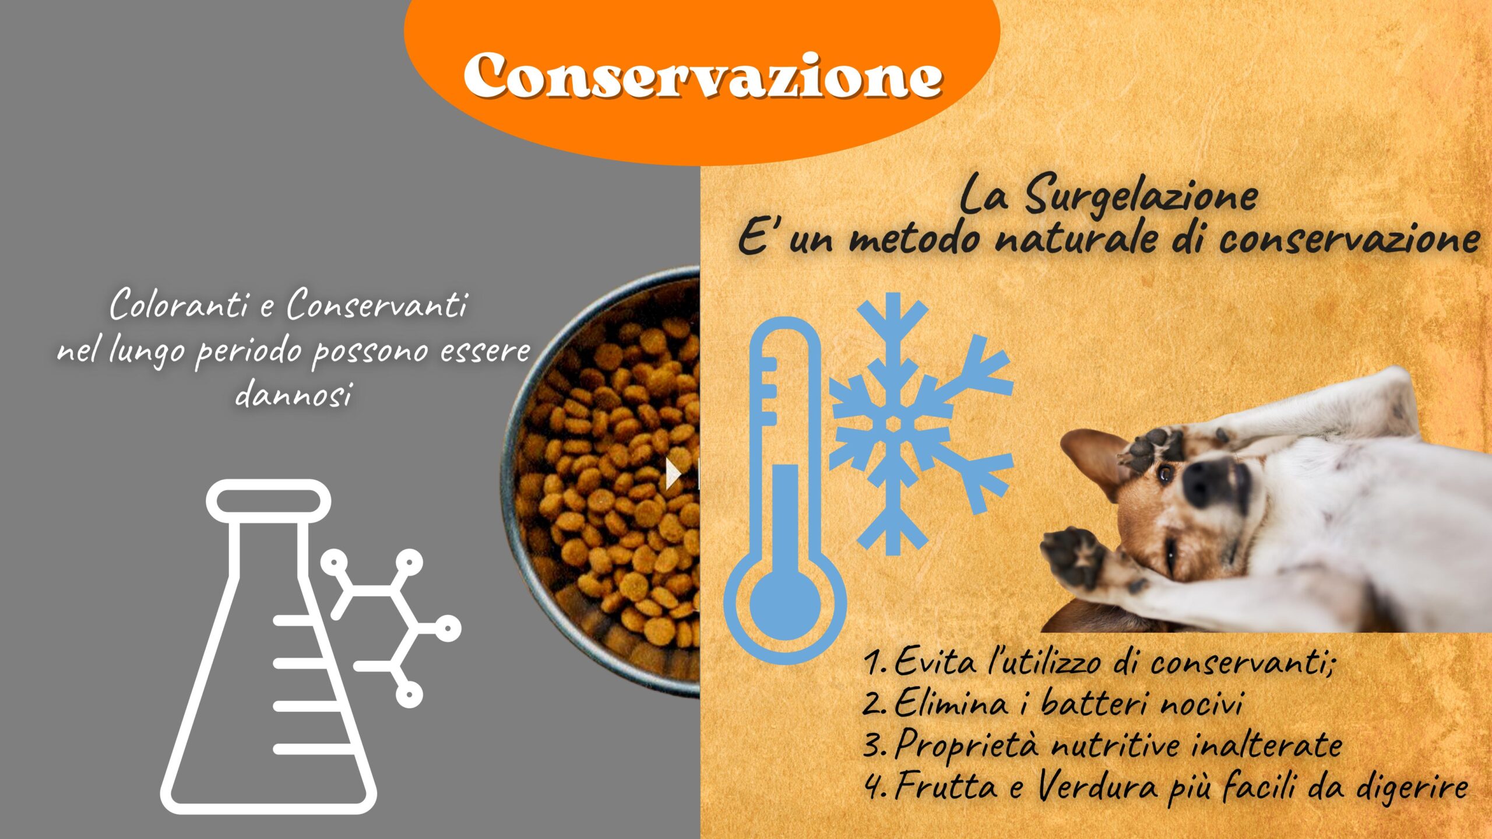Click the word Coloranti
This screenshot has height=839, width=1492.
[x=180, y=305]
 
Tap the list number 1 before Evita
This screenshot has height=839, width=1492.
[x=874, y=663]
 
